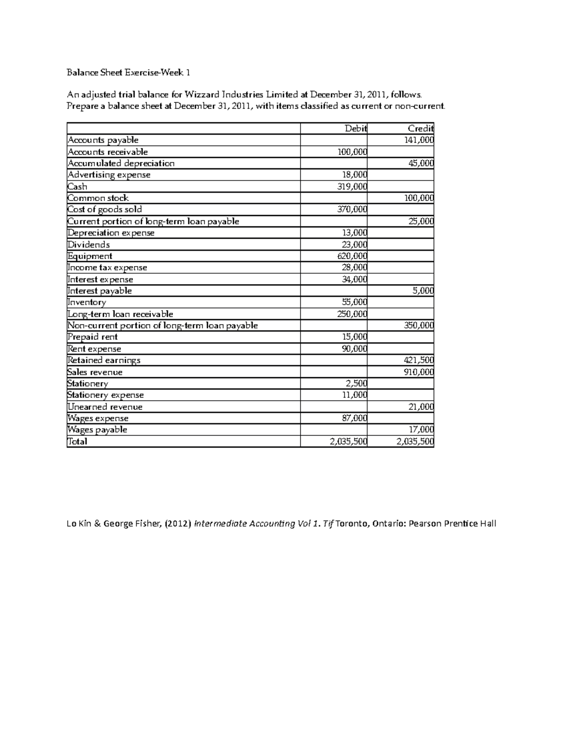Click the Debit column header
pos(356,129)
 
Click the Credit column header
pos(421,129)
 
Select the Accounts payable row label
pos(103,140)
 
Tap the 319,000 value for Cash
pos(352,186)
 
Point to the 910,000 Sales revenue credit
pos(419,372)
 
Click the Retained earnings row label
pos(104,360)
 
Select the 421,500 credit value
pos(419,360)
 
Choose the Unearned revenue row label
pos(105,406)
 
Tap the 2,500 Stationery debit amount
pos(356,383)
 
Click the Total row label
pos(77,441)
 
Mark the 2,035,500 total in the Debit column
pos(348,441)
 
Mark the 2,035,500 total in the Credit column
pos(415,441)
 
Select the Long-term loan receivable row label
pos(120,314)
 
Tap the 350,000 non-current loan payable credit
pos(419,325)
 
